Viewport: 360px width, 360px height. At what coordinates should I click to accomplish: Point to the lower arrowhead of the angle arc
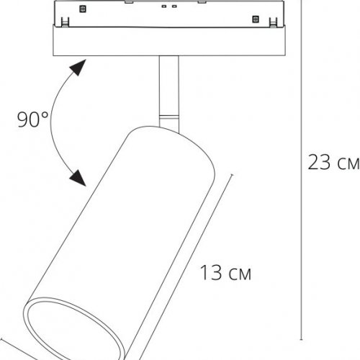(x=77, y=176)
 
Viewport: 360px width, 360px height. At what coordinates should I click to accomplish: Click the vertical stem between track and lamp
(x=166, y=83)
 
